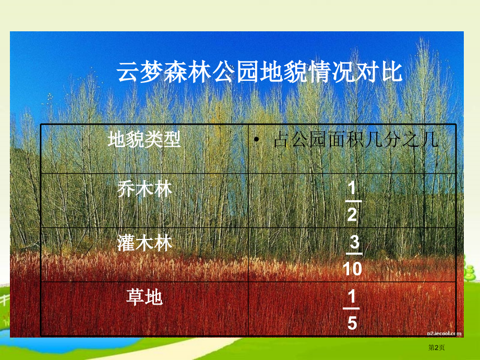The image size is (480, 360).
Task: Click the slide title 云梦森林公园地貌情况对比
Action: [x=259, y=72]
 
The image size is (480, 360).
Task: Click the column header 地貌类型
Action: [x=144, y=140]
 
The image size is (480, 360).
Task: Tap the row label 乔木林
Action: [x=145, y=188]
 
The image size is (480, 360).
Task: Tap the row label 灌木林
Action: [x=145, y=243]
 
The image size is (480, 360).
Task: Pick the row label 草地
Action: [x=145, y=297]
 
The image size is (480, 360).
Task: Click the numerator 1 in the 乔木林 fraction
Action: [x=352, y=188]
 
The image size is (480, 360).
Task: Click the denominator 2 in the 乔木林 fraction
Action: [x=352, y=214]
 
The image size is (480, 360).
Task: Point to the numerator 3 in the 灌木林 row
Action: [x=354, y=243]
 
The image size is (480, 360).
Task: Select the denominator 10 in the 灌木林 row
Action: [x=352, y=269]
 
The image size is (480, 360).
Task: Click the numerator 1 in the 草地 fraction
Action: [x=352, y=297]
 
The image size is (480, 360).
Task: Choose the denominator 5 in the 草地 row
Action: [x=352, y=323]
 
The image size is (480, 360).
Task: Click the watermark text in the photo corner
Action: [x=443, y=332]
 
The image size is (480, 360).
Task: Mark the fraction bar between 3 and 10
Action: [x=353, y=255]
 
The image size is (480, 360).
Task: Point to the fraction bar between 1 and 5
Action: [x=352, y=310]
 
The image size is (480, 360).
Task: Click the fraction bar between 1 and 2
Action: [x=352, y=201]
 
